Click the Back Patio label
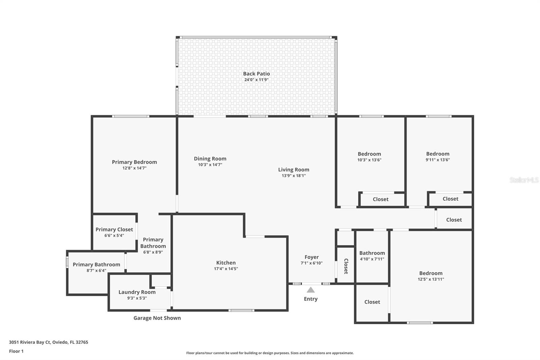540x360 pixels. click(x=256, y=74)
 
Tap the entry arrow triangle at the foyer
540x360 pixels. click(x=311, y=290)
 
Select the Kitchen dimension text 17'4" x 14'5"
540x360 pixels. click(x=226, y=269)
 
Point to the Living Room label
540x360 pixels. click(x=294, y=170)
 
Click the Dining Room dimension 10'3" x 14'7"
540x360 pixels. click(x=210, y=165)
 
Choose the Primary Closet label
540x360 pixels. click(x=114, y=229)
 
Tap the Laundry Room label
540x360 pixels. click(x=137, y=292)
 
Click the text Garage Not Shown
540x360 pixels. click(x=157, y=318)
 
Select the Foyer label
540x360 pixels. click(x=312, y=257)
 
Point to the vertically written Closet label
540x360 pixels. click(x=346, y=266)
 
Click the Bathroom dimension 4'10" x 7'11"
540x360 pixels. click(x=372, y=259)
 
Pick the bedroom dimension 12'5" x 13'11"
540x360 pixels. click(x=431, y=279)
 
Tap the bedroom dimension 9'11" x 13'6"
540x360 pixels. click(x=437, y=160)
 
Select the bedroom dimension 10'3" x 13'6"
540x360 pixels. click(x=369, y=160)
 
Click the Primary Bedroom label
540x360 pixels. click(x=134, y=162)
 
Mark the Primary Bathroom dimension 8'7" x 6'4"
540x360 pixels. click(x=96, y=271)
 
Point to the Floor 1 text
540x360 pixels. click(x=16, y=351)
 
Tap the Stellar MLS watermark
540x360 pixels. click(x=524, y=180)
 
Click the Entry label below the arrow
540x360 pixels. click(x=310, y=299)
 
